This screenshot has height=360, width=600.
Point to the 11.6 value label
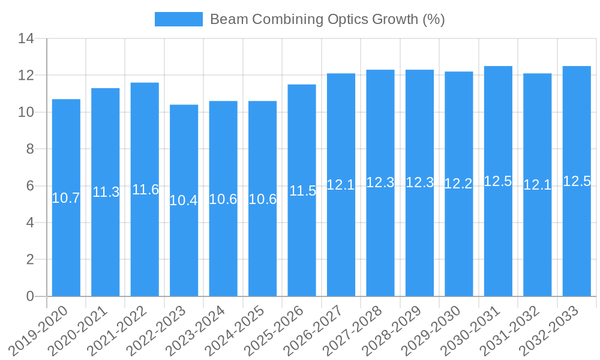coord(145,190)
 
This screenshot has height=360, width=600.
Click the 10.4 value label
coord(184,200)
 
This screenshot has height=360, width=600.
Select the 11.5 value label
coord(302,191)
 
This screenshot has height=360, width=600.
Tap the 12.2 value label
coord(458,184)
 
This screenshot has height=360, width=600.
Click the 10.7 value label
coord(66,198)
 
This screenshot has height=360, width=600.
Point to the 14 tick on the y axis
coord(26,39)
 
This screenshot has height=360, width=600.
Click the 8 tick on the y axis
coord(30,149)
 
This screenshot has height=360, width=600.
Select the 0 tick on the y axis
coord(30,296)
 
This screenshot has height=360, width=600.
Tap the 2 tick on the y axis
coord(30,260)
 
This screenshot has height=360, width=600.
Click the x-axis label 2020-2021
coord(78,331)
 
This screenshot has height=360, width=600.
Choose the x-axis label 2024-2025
coord(235,331)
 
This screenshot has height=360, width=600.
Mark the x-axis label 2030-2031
coord(471,331)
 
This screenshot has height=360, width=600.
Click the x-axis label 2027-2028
coord(353,331)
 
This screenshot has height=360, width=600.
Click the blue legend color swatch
coord(178,19)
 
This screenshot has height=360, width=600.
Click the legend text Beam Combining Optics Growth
coord(327,19)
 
